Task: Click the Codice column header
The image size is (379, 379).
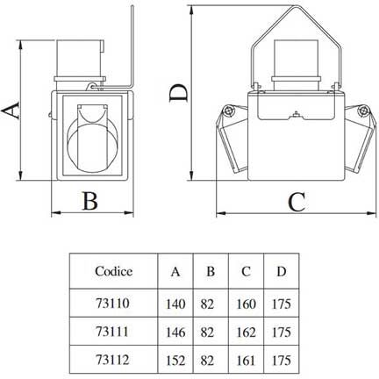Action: (x=113, y=271)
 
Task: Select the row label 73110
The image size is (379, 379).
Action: (x=112, y=303)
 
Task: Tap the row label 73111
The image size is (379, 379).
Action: (x=112, y=332)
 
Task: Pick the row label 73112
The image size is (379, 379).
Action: (x=112, y=360)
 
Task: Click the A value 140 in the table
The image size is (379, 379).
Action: (x=175, y=304)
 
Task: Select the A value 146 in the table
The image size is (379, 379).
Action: (x=175, y=333)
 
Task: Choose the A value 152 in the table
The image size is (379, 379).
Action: (x=175, y=361)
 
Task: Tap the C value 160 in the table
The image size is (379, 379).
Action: (x=247, y=304)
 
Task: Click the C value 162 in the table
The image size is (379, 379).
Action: (x=247, y=333)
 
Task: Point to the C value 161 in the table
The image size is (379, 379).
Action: (x=246, y=361)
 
